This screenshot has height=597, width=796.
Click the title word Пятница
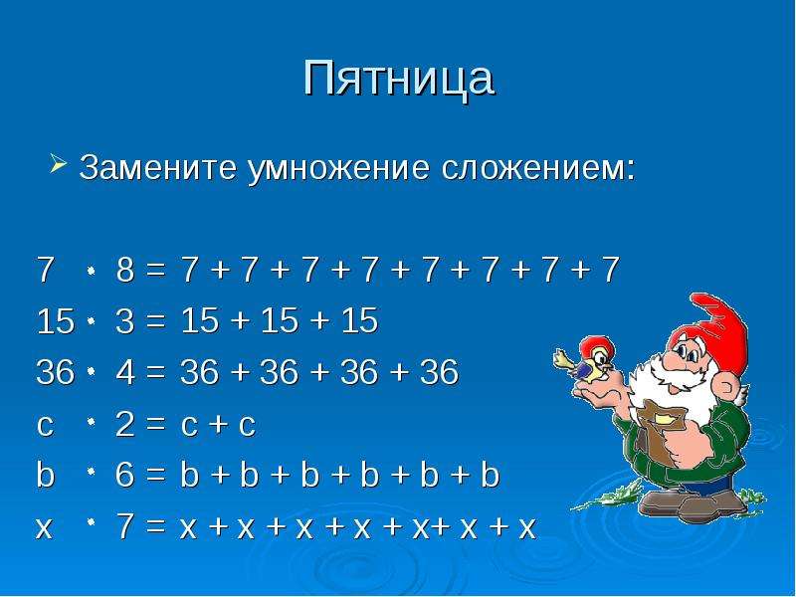(x=399, y=79)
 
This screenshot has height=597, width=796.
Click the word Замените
(x=157, y=167)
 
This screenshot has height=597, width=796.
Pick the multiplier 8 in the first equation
(x=125, y=269)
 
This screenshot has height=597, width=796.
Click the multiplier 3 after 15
(x=125, y=320)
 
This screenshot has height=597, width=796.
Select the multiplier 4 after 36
(x=125, y=372)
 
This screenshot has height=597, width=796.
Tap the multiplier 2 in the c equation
(x=125, y=424)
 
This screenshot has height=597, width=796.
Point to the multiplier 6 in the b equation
(x=125, y=476)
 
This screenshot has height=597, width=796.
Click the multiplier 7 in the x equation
(x=125, y=526)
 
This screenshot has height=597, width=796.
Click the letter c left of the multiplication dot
(x=45, y=427)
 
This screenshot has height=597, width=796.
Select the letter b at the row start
(x=45, y=475)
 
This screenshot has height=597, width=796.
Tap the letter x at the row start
(x=44, y=529)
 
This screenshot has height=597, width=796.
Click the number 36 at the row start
(x=56, y=372)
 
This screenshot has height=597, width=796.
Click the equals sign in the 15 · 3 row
(x=155, y=321)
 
